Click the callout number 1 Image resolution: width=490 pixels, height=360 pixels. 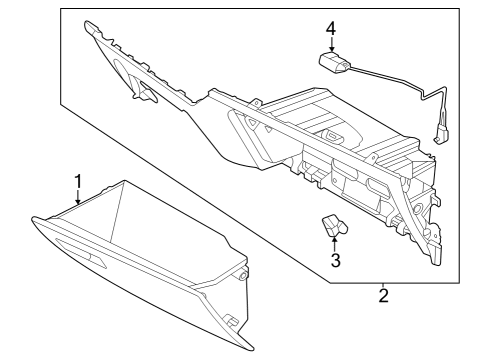click(x=77, y=181)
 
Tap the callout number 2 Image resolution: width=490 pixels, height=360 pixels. click(x=382, y=295)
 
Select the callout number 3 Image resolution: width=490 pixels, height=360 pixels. click(x=336, y=261)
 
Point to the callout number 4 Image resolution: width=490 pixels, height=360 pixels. click(x=331, y=27)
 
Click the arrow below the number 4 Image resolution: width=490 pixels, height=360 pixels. click(x=331, y=45)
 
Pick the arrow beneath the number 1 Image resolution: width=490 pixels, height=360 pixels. click(x=77, y=199)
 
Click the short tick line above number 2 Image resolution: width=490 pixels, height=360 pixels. click(x=382, y=281)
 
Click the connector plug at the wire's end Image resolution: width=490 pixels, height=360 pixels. click(x=440, y=129)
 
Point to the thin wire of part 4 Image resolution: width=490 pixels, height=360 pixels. click(x=395, y=82)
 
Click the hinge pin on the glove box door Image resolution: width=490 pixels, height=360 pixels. click(x=244, y=274)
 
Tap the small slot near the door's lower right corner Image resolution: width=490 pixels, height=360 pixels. click(x=230, y=322)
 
